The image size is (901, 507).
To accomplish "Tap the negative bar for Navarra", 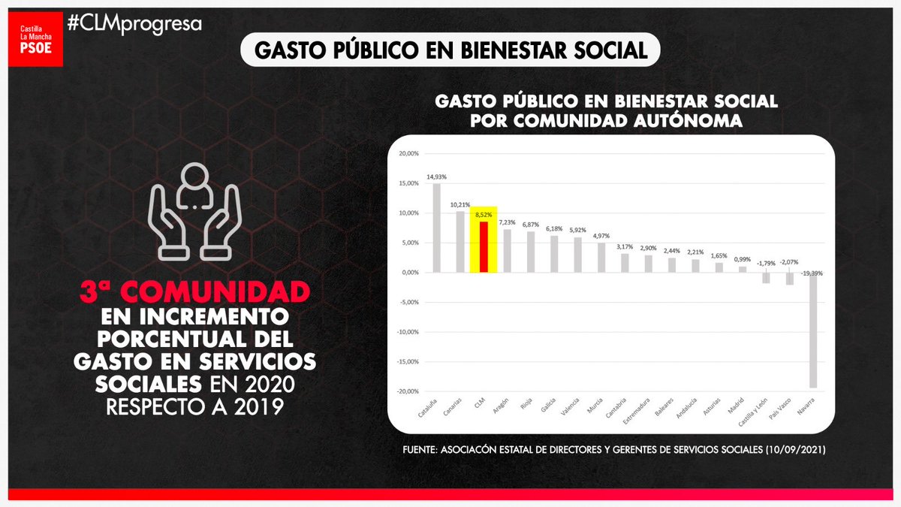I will click(812, 330).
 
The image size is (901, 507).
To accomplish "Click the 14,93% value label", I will click(437, 177).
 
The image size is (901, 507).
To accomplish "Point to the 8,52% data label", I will click(484, 215).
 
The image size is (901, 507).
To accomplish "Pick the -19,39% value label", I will click(811, 273).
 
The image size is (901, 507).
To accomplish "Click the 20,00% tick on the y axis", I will click(407, 154).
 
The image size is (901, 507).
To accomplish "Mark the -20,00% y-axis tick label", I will click(406, 391).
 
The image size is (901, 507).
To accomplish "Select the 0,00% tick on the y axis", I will click(408, 273).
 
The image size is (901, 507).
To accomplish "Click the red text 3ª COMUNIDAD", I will click(195, 290).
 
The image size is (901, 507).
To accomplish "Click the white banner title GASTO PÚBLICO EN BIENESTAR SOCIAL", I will click(450, 50).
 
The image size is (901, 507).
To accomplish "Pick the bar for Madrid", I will click(743, 269).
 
